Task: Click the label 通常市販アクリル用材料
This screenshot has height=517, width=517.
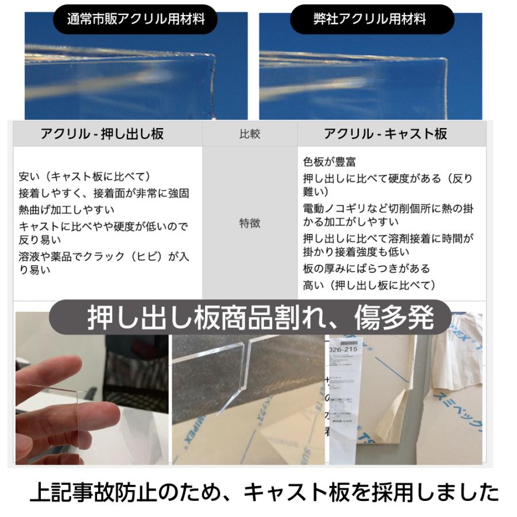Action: (136, 19)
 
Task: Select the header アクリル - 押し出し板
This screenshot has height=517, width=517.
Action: (102, 134)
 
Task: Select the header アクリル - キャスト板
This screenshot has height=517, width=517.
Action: (385, 134)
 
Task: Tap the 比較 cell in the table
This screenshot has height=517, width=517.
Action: (249, 134)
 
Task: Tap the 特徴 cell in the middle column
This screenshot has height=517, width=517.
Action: (249, 223)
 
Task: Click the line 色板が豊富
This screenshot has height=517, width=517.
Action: (330, 163)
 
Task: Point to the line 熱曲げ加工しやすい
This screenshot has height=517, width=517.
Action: (67, 210)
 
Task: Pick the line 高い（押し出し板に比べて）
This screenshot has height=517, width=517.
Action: (370, 285)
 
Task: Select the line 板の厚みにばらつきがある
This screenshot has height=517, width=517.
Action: (366, 268)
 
